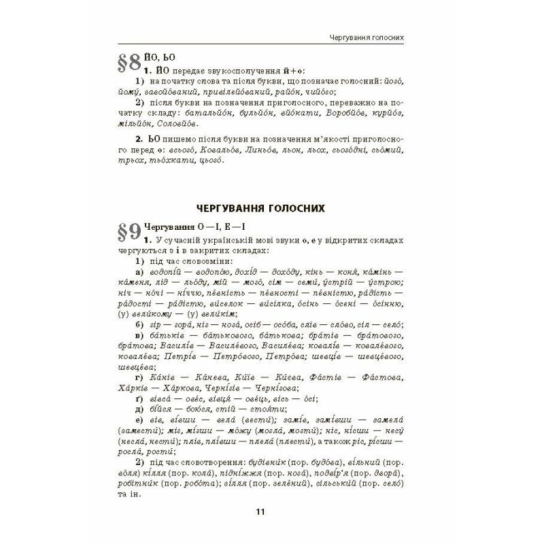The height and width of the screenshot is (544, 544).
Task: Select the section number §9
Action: pyautogui.click(x=130, y=235)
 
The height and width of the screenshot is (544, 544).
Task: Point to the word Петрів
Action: pyautogui.click(x=154, y=354)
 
